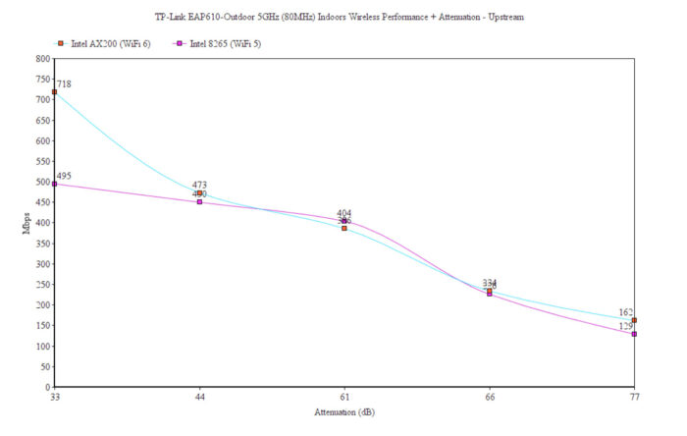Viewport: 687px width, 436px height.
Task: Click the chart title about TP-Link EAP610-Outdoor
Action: tap(343, 17)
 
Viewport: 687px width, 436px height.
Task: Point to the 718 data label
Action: tap(65, 85)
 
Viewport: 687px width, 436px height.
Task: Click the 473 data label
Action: tap(199, 185)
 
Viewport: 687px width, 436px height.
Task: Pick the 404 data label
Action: tap(344, 213)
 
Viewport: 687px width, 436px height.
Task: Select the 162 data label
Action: tap(626, 313)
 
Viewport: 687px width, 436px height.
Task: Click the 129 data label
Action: tap(626, 326)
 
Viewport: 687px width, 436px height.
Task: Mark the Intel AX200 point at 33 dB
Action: tap(55, 92)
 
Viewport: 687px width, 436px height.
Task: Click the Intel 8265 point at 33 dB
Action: tap(55, 184)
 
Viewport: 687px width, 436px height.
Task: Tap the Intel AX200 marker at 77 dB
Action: tap(634, 320)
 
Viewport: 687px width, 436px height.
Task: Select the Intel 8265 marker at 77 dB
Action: tap(634, 334)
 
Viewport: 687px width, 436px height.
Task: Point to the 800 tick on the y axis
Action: tap(42, 59)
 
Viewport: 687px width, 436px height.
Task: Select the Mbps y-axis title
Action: tap(26, 223)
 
